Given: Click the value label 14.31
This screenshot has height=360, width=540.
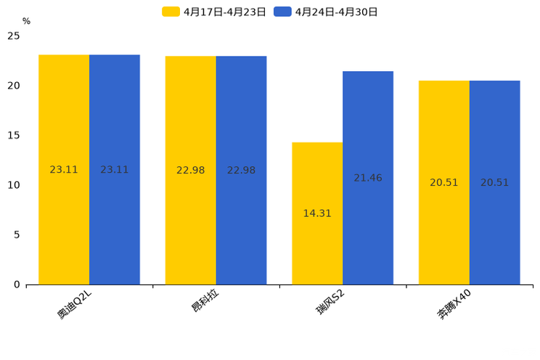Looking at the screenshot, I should pos(317,213).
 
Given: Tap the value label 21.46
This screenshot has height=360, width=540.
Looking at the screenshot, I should pos(368,178).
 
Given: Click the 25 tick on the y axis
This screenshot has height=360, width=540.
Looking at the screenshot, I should pos(14,36).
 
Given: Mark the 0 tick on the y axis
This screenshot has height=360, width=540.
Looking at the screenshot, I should pos(17,285).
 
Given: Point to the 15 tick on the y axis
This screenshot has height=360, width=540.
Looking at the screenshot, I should pos(14,135).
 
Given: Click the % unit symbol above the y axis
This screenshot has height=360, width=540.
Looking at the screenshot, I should pos(26,22).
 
